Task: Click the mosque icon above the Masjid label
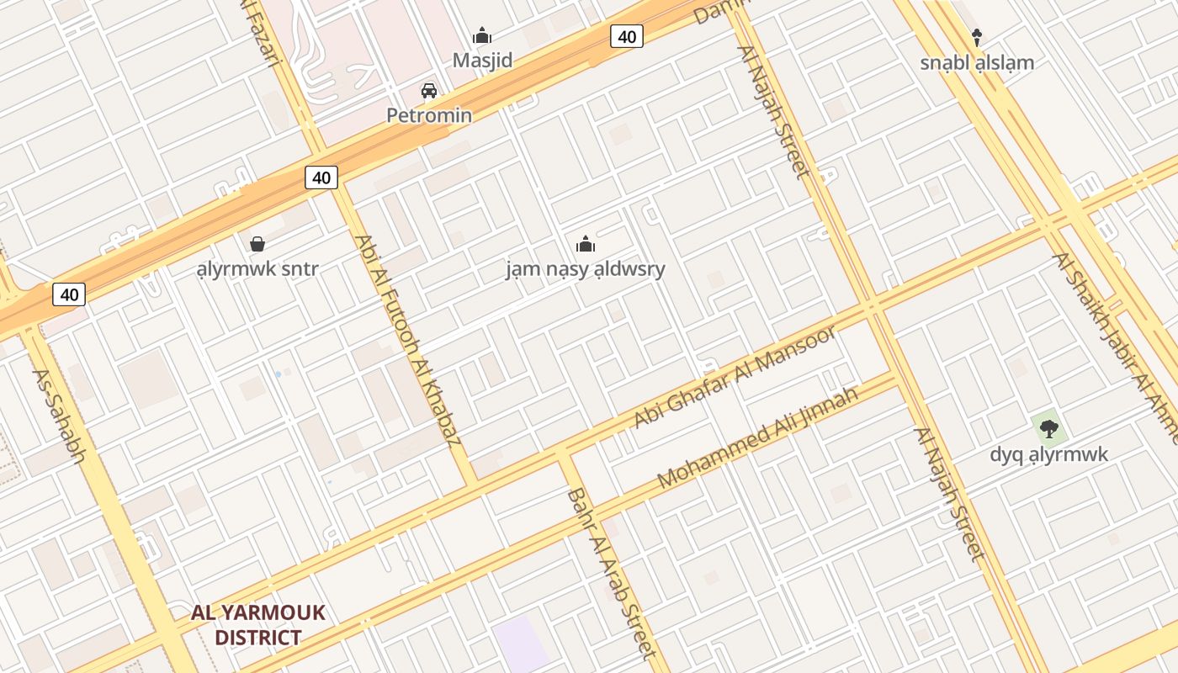(x=482, y=35)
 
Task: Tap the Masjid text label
(x=482, y=61)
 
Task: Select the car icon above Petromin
(x=429, y=90)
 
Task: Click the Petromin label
(x=429, y=115)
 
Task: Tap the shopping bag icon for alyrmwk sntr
(x=257, y=244)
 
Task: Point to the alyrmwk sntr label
(x=257, y=269)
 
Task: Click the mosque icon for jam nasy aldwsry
(x=586, y=244)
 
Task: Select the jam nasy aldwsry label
(x=586, y=269)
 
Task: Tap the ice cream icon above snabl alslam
(x=977, y=37)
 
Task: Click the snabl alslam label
(x=977, y=62)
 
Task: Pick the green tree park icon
(x=1048, y=429)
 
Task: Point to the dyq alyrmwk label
(x=1048, y=454)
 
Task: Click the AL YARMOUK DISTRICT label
(x=257, y=624)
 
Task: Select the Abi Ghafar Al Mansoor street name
(x=735, y=376)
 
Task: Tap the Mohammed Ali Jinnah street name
(x=757, y=437)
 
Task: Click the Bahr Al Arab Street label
(x=611, y=572)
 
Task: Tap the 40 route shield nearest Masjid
(x=627, y=36)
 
